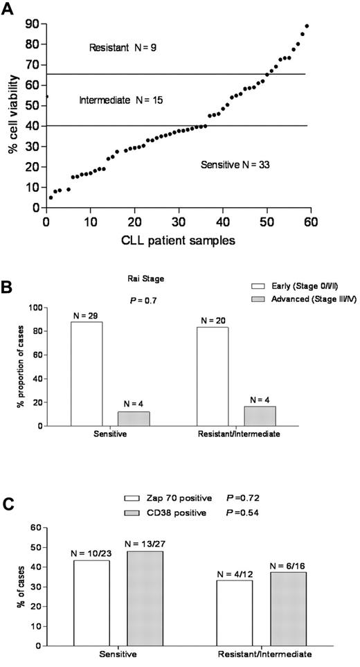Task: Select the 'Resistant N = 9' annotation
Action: [123, 48]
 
